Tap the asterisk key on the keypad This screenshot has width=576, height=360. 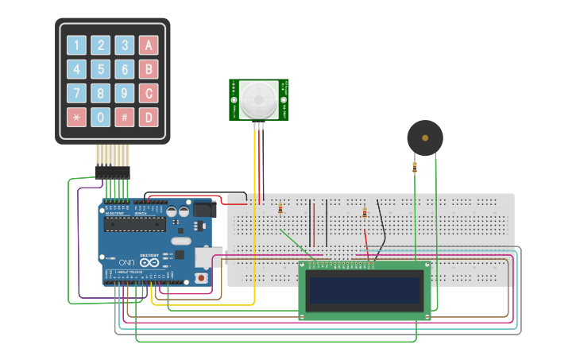tap(76, 118)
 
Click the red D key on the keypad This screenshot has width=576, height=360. tap(148, 118)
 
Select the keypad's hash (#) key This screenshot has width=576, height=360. tap(124, 118)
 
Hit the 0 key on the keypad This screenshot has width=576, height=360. tap(100, 118)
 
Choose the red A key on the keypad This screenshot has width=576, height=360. tap(148, 45)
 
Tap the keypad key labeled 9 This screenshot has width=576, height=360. tap(124, 94)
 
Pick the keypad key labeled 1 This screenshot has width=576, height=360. tap(76, 45)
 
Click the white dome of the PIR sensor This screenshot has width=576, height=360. tap(259, 99)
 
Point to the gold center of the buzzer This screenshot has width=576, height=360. tap(425, 137)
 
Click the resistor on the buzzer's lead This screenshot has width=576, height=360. tap(415, 167)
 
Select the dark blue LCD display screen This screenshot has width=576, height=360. tap(365, 292)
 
